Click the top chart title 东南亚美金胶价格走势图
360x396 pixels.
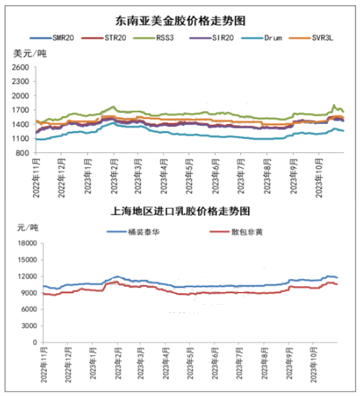[180, 21]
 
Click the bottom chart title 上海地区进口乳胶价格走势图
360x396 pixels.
[180, 211]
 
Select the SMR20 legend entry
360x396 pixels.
[52, 38]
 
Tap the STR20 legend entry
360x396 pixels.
[104, 38]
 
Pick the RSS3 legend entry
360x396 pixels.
[153, 38]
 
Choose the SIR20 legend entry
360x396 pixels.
[211, 38]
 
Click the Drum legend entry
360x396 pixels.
[262, 38]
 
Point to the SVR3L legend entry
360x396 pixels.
[311, 38]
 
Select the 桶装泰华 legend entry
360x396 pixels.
[133, 232]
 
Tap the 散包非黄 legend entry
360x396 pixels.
[236, 232]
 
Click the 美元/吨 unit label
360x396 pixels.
[30, 54]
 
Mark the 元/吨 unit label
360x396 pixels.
[28, 227]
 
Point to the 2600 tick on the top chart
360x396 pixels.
[21, 67]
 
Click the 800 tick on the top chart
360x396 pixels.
[22, 153]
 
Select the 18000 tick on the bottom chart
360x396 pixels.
[27, 243]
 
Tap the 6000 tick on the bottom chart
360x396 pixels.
[29, 309]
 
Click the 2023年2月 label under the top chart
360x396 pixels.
[114, 176]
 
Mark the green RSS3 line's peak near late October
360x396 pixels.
[334, 105]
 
